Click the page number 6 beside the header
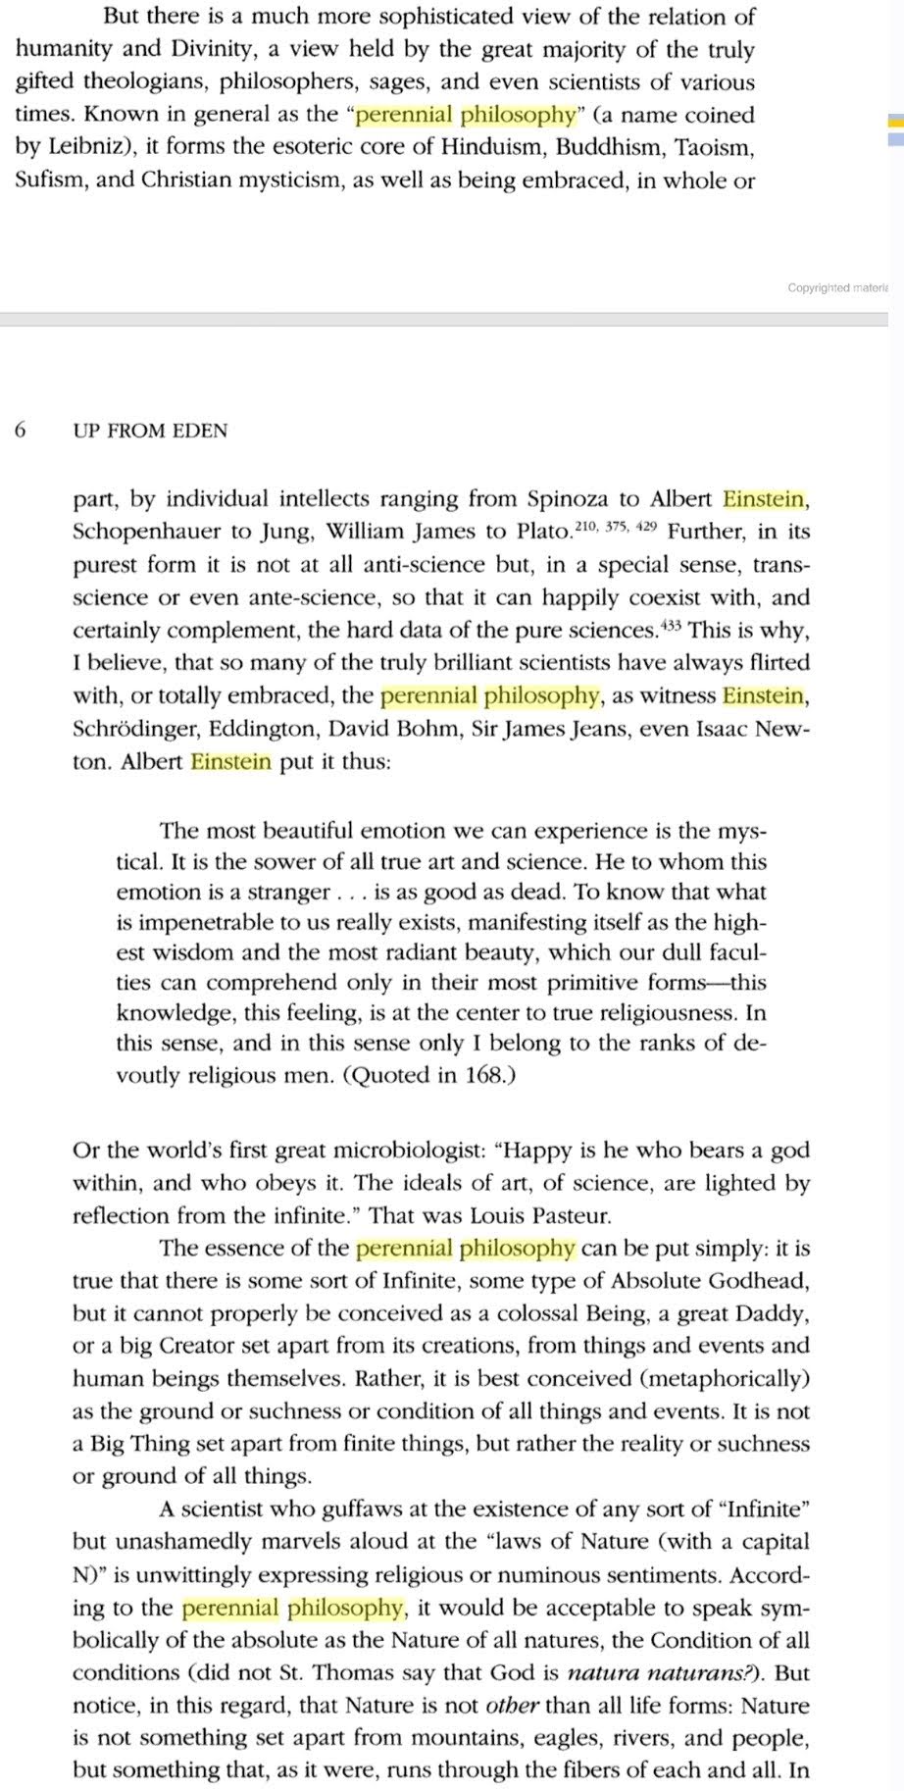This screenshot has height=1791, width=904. (21, 431)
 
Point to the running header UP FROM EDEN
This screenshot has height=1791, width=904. (150, 431)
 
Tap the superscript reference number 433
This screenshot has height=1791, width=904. (670, 624)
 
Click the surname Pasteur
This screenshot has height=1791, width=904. (571, 1216)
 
